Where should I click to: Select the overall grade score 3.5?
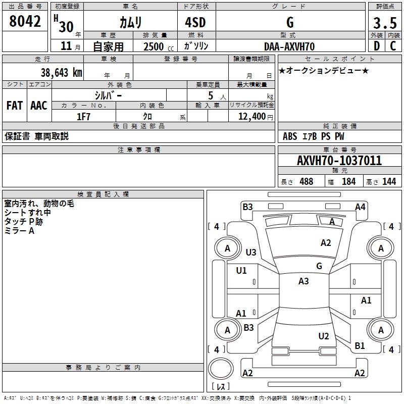[385, 23]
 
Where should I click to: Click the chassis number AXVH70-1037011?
[339, 161]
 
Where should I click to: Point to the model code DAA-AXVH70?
[289, 46]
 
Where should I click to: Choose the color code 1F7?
[83, 116]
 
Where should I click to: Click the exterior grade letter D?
[376, 46]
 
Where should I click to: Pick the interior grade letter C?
[393, 46]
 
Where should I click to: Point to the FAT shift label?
[15, 106]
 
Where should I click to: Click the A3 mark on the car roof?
[304, 281]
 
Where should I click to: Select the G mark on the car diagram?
[319, 266]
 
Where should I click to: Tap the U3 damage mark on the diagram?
[251, 252]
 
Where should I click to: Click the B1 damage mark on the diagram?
[360, 346]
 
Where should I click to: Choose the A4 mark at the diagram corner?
[360, 207]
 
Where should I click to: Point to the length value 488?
[306, 181]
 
